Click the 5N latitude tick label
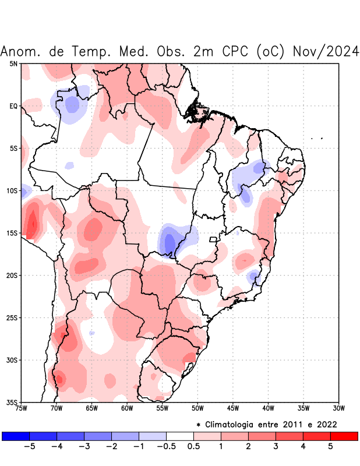tap(13, 63)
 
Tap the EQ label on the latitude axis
tap(13, 106)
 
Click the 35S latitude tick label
tap(12, 402)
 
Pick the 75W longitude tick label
tap(22, 408)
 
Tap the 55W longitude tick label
tap(162, 408)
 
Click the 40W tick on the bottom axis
tap(268, 408)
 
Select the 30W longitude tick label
tap(338, 408)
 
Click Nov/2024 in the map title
tap(327, 51)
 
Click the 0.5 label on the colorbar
tap(194, 447)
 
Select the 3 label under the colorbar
tap(276, 447)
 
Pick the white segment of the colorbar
tap(180, 436)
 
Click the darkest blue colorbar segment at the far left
tap(16, 436)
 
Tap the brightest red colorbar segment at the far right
tap(344, 436)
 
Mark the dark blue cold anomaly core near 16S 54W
tap(170, 242)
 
